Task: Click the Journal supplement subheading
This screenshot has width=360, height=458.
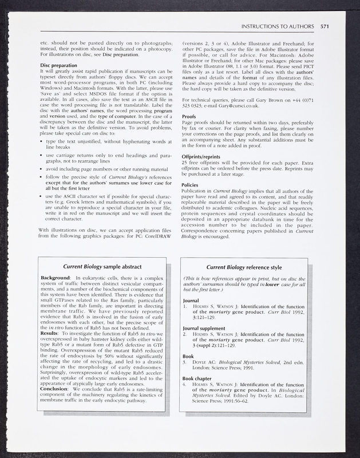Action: (x=208, y=328)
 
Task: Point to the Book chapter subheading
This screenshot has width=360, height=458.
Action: (x=200, y=378)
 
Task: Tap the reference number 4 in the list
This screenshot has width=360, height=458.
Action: (x=184, y=385)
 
